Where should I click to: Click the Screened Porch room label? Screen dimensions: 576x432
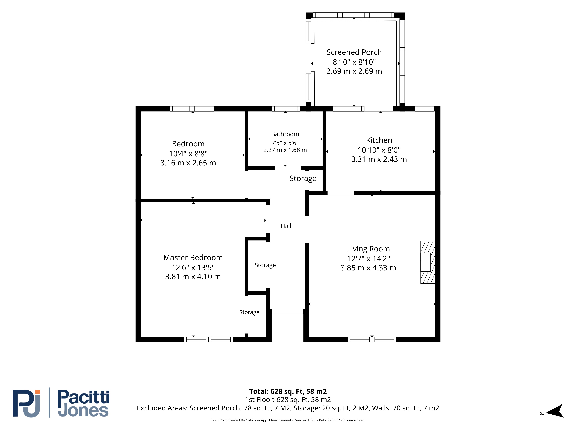pos(354,52)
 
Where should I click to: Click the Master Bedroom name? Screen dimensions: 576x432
pos(193,257)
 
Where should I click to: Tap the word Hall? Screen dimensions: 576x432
pos(286,226)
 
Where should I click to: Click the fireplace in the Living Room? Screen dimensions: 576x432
pos(428,262)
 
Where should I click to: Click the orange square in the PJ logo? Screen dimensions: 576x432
pos(38,392)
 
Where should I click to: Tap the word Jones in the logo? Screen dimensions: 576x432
pos(83,411)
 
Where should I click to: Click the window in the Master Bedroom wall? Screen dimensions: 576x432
pos(208,340)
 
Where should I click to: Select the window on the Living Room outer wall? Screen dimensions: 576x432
pos(372,340)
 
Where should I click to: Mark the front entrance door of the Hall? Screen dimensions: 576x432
pos(287,311)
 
